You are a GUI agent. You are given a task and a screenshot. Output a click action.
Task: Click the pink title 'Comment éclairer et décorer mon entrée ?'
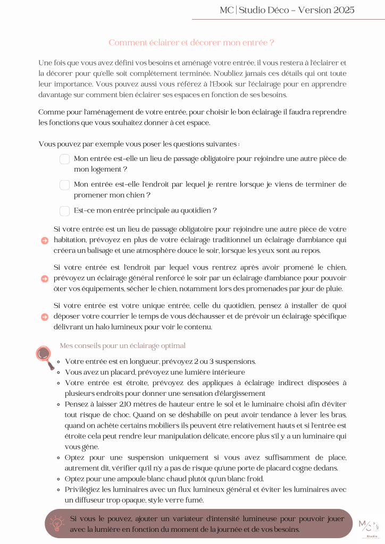191,42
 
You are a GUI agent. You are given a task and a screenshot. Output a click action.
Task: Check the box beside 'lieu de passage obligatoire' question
65,159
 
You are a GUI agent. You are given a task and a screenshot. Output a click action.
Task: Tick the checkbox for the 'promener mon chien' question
65,185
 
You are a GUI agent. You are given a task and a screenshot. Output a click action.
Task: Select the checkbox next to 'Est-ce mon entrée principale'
65,211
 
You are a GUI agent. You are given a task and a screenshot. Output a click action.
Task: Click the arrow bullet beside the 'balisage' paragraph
45,240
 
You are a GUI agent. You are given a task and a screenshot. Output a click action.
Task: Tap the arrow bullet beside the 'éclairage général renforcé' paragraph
45,278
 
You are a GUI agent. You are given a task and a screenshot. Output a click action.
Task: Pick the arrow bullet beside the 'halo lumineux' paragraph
45,317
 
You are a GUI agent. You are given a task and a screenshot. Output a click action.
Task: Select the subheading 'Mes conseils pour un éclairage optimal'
122,346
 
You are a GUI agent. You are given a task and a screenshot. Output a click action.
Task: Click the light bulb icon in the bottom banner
57,523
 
